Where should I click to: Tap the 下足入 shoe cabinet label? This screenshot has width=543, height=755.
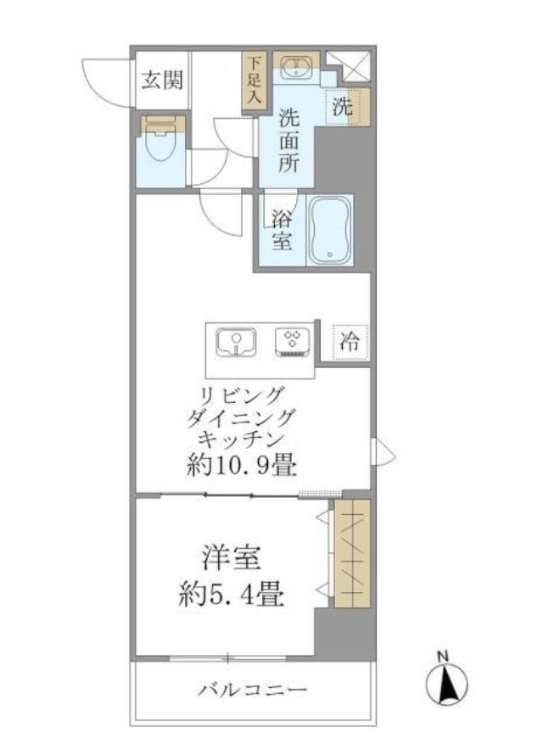pos(252,80)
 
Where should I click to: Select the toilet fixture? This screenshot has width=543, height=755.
pos(159,143)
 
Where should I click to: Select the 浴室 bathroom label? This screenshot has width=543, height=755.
pos(281,229)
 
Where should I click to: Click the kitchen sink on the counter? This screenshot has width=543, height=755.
pos(236,343)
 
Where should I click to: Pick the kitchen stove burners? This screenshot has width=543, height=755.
pos(293,342)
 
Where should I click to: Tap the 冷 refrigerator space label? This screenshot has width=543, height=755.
pos(350,344)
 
